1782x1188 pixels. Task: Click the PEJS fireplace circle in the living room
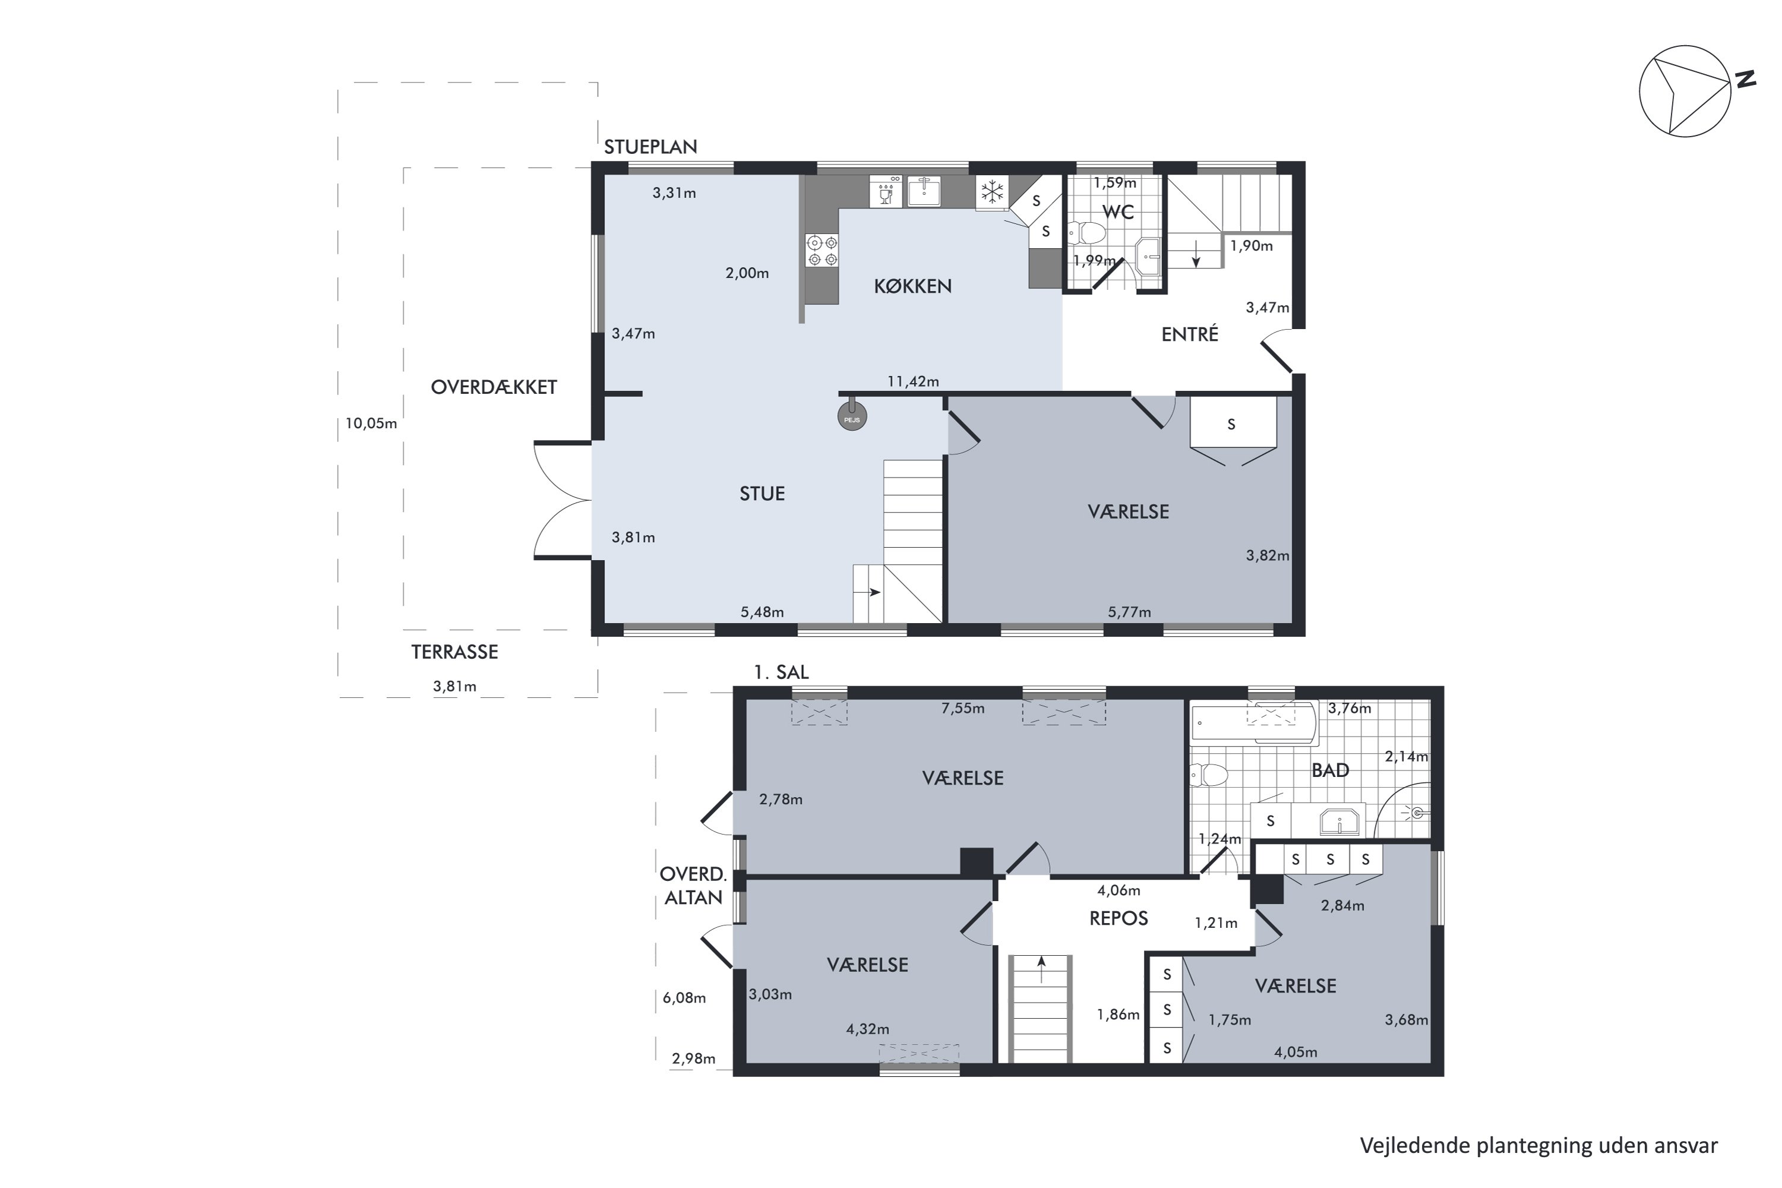coord(852,417)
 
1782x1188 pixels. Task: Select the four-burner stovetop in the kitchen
coord(822,251)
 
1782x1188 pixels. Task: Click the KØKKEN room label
coord(912,286)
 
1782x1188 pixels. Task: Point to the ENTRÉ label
coord(1190,333)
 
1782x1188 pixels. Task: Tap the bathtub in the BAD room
coord(1254,723)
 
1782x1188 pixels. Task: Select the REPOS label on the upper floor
coord(1119,918)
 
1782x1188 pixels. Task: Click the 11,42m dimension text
coord(913,381)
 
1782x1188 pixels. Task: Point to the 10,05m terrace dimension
coord(371,424)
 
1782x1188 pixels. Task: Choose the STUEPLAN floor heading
coord(650,147)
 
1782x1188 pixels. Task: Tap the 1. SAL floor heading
coord(781,672)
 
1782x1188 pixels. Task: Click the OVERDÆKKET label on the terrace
coord(494,387)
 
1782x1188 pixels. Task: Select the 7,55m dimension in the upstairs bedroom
coord(963,709)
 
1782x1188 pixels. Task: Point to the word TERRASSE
coord(454,652)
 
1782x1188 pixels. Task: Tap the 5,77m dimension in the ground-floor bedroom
coord(1129,612)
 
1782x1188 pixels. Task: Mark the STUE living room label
coord(762,494)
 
